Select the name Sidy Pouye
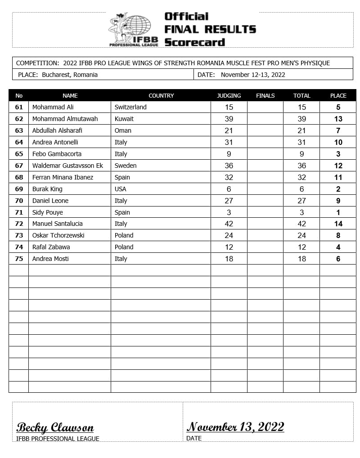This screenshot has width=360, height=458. [x=48, y=212]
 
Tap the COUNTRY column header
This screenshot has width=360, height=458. [x=161, y=95]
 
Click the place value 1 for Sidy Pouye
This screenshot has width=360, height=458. [x=338, y=212]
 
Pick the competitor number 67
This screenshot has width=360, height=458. [x=19, y=166]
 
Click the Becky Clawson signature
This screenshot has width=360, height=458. [x=55, y=427]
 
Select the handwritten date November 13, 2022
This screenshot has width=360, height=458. [x=235, y=427]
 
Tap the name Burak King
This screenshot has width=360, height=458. [x=47, y=189]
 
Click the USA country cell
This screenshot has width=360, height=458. [x=121, y=189]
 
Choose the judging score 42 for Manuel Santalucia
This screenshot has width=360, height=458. [x=229, y=224]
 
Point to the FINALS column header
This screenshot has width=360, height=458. [x=265, y=95]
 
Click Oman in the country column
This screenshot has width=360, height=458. [x=123, y=130]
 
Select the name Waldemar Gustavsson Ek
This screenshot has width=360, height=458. [x=67, y=166]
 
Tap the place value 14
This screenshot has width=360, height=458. [x=338, y=224]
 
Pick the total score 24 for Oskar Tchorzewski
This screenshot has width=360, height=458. [x=302, y=235]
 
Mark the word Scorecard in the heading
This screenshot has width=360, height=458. [x=194, y=42]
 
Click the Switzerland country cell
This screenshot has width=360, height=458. [x=130, y=107]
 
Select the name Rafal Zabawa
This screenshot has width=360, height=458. [x=51, y=247]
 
